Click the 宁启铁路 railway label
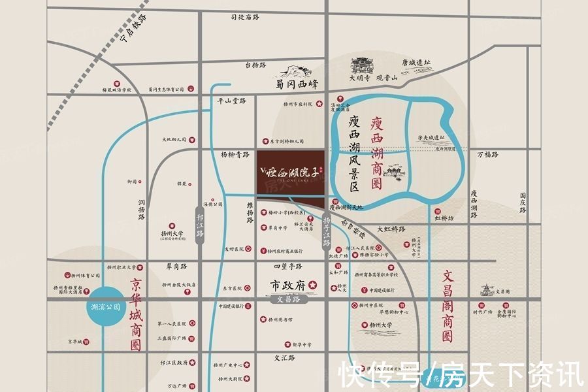[134, 32]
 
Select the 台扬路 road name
[255, 65]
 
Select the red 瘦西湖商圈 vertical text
[376, 153]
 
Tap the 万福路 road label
[487, 155]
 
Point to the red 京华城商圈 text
[135, 316]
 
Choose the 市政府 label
[289, 285]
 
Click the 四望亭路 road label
[288, 267]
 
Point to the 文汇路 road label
[285, 358]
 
